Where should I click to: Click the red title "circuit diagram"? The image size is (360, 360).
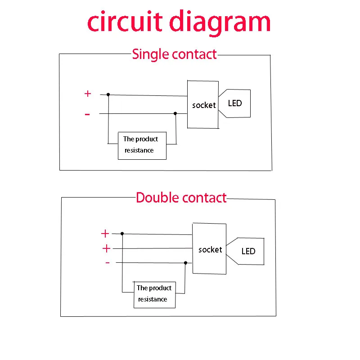tap(179, 22)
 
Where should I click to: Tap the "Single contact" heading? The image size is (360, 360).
tap(175, 54)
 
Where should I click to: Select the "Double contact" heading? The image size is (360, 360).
tap(181, 198)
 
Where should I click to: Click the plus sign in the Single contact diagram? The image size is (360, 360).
tap(88, 94)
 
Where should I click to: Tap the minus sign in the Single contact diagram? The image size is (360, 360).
tap(87, 114)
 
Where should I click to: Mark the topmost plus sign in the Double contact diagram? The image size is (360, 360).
tap(105, 234)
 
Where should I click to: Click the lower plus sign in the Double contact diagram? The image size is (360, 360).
tap(106, 248)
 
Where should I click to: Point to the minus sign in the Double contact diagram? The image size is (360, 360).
tap(108, 262)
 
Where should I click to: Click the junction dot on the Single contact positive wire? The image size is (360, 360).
tap(108, 94)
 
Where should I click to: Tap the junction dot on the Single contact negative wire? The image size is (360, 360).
tap(175, 113)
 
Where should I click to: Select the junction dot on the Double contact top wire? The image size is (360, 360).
tap(122, 234)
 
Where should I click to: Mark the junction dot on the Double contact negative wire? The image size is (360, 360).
tap(185, 263)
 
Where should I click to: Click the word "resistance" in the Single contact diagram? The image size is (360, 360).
tap(139, 150)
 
